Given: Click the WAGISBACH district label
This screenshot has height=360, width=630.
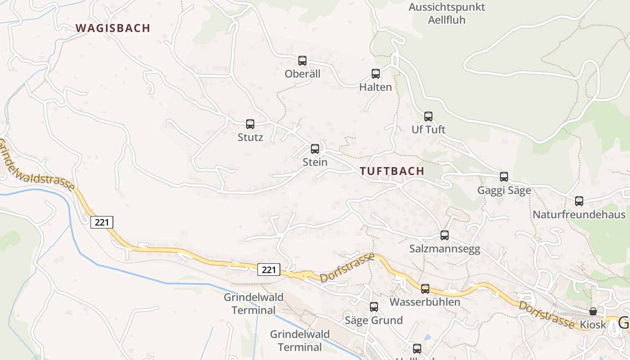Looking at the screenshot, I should click(x=113, y=28).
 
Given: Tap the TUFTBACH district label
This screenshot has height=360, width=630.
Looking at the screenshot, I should click(x=392, y=171).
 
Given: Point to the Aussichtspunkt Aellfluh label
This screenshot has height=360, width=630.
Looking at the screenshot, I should click(x=440, y=13).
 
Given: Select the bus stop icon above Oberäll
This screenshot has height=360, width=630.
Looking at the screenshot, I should click(x=302, y=60).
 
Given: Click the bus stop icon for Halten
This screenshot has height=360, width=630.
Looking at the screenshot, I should click(x=376, y=73).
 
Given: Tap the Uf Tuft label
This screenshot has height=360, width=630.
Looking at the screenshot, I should click(x=428, y=130).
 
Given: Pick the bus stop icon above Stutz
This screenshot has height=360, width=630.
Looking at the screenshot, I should click(x=250, y=124).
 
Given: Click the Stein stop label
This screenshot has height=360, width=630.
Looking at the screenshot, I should click(x=315, y=162).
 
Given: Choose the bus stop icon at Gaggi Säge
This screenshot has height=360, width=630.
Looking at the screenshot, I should click(x=504, y=177).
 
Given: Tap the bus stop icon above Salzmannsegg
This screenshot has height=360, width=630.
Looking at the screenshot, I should click(x=445, y=235).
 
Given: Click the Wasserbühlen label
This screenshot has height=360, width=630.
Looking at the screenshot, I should click(x=425, y=302).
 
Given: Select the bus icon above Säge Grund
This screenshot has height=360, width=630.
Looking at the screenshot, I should click(x=374, y=307).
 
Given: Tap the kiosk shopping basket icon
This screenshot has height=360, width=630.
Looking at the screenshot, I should click(x=593, y=311).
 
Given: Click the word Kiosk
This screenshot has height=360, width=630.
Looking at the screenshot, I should click(x=593, y=324).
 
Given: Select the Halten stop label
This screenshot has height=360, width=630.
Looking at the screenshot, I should click(x=376, y=87).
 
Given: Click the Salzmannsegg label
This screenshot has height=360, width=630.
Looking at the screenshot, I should click(x=445, y=249).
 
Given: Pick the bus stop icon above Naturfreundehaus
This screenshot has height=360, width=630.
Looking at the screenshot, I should click(x=579, y=201).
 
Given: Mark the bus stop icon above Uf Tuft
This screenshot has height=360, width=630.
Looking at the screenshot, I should click(x=428, y=116).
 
